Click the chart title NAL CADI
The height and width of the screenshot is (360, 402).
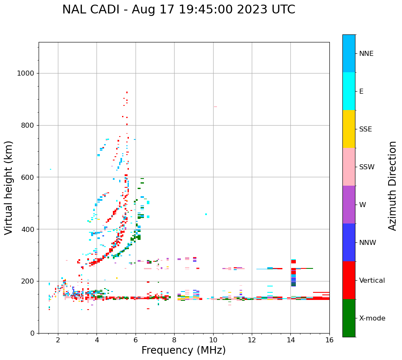178,10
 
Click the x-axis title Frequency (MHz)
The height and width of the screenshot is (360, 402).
183,350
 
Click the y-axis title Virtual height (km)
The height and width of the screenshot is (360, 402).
9,188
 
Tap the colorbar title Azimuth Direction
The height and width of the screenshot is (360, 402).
392,186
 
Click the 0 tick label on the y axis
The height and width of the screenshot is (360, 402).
32,333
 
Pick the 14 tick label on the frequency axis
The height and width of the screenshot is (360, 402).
290,340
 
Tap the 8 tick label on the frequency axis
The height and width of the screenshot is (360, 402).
174,340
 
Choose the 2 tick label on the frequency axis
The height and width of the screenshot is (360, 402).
58,340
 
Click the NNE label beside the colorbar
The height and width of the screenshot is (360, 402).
366,54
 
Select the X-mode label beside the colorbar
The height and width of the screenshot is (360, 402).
372,318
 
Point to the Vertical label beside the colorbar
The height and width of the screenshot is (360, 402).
372,281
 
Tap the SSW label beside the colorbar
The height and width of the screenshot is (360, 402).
367,167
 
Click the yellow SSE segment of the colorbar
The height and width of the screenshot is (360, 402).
349,129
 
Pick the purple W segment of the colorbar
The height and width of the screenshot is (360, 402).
349,205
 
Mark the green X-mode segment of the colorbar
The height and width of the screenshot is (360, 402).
349,318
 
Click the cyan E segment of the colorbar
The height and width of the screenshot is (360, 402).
349,91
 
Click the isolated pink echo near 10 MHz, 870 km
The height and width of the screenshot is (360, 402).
215,107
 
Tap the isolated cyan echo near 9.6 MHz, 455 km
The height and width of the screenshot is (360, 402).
206,214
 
